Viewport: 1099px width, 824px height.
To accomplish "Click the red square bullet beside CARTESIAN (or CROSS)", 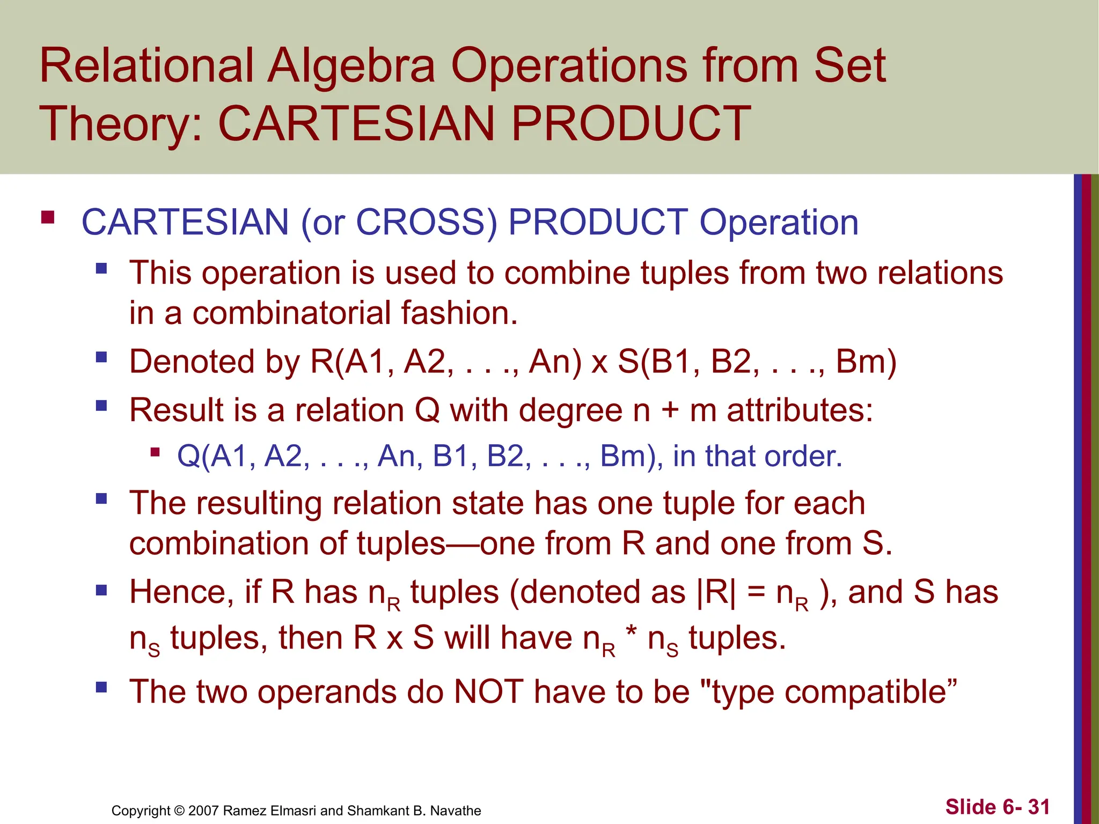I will pyautogui.click(x=48, y=217).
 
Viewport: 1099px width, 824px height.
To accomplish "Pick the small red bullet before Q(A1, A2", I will pyautogui.click(x=156, y=452).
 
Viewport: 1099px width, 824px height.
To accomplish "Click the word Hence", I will pyautogui.click(x=181, y=592).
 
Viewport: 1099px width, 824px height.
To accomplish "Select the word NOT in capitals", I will pyautogui.click(x=488, y=691).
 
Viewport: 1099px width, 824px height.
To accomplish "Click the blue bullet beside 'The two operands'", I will pyautogui.click(x=101, y=687).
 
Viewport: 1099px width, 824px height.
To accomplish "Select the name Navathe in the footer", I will pyautogui.click(x=456, y=811).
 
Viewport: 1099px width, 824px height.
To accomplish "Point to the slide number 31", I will pyautogui.click(x=1038, y=807).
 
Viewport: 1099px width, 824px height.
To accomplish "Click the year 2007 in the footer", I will pyautogui.click(x=203, y=811).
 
